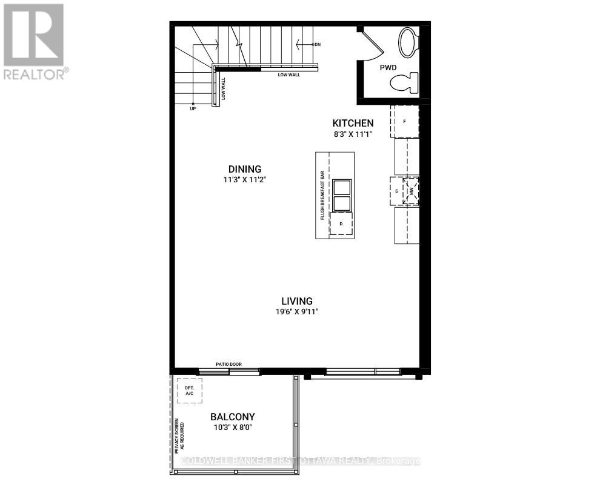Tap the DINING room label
pyautogui.click(x=244, y=169)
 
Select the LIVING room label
pyautogui.click(x=296, y=301)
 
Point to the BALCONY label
pyautogui.click(x=232, y=417)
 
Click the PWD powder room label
pyautogui.click(x=388, y=68)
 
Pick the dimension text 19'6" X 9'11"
pyautogui.click(x=296, y=312)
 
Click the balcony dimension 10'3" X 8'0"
pyautogui.click(x=232, y=428)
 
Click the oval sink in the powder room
pyautogui.click(x=408, y=42)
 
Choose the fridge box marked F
pyautogui.click(x=405, y=121)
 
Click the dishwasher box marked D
pyautogui.click(x=341, y=224)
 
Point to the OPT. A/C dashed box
pyautogui.click(x=189, y=391)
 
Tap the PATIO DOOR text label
pyautogui.click(x=229, y=364)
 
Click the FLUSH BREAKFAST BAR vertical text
pyautogui.click(x=322, y=195)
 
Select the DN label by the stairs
pyautogui.click(x=316, y=45)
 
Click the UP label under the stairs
pyautogui.click(x=193, y=108)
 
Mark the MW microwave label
pyautogui.click(x=413, y=191)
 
